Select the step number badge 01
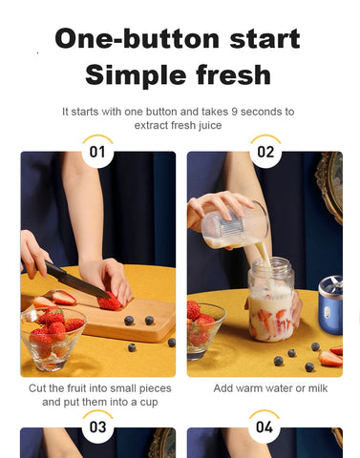(x=97, y=151)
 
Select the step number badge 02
(x=265, y=151)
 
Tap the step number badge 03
(x=97, y=427)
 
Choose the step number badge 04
(x=265, y=427)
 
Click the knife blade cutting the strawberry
(x=76, y=281)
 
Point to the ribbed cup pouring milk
(x=235, y=226)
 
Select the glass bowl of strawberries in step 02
(x=203, y=329)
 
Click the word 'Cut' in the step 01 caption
(x=39, y=388)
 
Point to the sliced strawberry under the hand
(x=110, y=302)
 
